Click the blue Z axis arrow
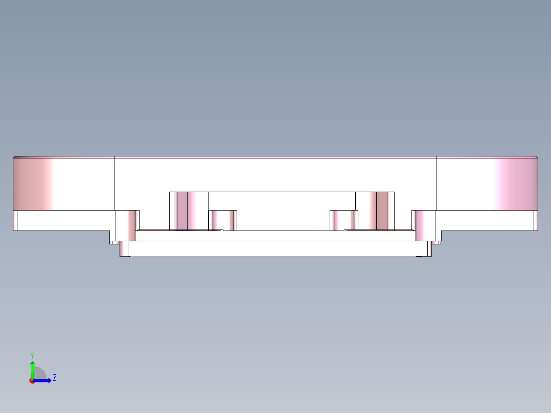tap(45, 380)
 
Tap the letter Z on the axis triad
tap(54, 378)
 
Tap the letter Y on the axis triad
tap(32, 355)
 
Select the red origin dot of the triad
tap(32, 381)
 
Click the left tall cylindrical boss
tap(188, 211)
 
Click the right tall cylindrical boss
tap(375, 211)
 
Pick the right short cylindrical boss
tap(343, 220)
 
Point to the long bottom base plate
tap(276, 249)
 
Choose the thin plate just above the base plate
tap(276, 236)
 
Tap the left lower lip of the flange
tap(61, 221)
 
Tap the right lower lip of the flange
tap(486, 221)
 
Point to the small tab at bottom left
tap(114, 243)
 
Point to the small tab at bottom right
tap(437, 243)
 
